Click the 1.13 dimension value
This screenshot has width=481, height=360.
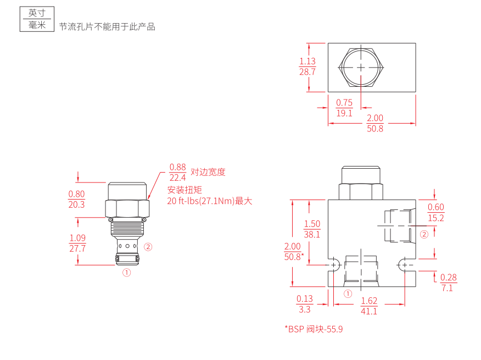[x=307, y=62]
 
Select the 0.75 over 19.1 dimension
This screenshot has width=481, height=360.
[x=344, y=108]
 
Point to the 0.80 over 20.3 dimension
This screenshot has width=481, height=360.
[x=76, y=199]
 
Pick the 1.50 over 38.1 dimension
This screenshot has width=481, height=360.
[x=312, y=229]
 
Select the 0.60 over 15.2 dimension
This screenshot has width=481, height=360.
[x=435, y=212]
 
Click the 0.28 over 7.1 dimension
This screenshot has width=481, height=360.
[x=448, y=283]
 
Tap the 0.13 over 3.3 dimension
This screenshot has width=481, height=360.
[x=305, y=304]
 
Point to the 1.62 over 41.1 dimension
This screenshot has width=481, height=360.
[x=369, y=306]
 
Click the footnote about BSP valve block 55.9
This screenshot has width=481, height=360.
[x=314, y=329]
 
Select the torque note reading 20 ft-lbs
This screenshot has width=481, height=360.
[x=209, y=201]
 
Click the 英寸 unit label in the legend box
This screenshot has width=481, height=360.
[x=37, y=13]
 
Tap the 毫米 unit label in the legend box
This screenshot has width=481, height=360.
[x=37, y=25]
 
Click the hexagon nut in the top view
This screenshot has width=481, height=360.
[x=360, y=68]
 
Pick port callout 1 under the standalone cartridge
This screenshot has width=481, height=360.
[x=126, y=272]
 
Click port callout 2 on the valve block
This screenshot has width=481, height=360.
[x=424, y=235]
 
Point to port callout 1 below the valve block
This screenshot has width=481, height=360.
[x=347, y=294]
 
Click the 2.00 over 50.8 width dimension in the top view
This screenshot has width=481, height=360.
[x=375, y=123]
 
